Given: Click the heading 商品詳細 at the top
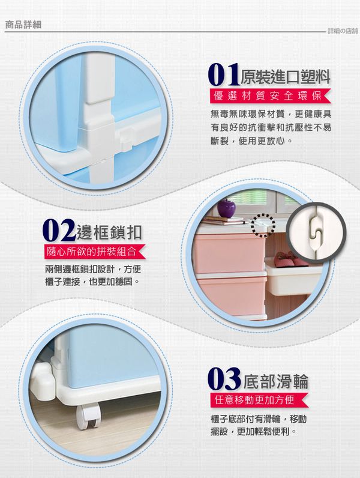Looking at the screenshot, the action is point(23,25).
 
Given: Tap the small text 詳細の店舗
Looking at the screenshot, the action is point(343,31).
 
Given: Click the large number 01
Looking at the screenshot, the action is point(224,75).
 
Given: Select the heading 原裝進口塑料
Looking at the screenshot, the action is point(286,76).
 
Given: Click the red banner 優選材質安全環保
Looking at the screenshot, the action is point(269,96).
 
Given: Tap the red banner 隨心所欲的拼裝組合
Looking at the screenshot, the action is point(94,252).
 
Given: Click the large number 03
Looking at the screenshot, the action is point(224,379).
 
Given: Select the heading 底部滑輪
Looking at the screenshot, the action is point(275,381).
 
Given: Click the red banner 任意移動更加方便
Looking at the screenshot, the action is point(259,400).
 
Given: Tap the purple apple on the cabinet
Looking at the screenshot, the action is point(226,207).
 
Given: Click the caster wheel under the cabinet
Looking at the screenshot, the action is point(88,416).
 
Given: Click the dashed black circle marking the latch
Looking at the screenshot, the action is point(263,226).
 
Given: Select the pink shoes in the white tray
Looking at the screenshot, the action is point(288,259).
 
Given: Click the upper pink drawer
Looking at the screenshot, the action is point(230,252).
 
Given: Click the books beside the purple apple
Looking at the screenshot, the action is point(224,220).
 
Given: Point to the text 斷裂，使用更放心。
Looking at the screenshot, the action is point(252,141).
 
